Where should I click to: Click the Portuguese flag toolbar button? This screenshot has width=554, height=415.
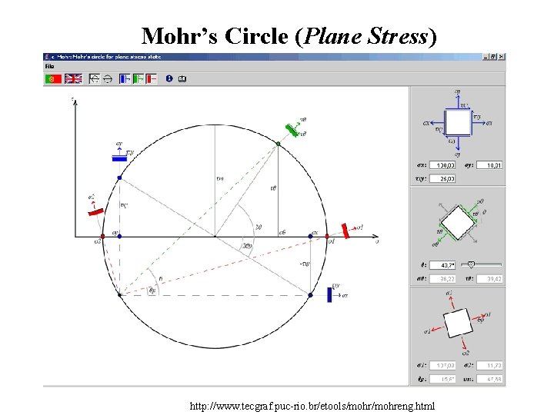(52, 78)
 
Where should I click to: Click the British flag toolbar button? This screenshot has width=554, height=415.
(73, 78)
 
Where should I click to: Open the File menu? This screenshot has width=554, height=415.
(49, 66)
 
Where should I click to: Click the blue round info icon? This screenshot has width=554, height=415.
(169, 78)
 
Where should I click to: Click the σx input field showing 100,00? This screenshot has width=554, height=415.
(446, 165)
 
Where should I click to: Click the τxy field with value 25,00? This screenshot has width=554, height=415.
(446, 178)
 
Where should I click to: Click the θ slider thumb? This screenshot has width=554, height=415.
(481, 264)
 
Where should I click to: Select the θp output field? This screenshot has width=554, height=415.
(446, 378)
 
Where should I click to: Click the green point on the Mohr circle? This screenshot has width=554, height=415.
(279, 144)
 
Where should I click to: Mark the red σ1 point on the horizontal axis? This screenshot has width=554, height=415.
(327, 236)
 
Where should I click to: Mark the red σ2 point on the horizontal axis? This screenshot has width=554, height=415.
(102, 236)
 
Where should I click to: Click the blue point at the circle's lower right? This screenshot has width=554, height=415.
(311, 294)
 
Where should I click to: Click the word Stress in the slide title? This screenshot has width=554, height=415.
(390, 36)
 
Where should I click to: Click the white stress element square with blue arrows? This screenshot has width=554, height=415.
(458, 121)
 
